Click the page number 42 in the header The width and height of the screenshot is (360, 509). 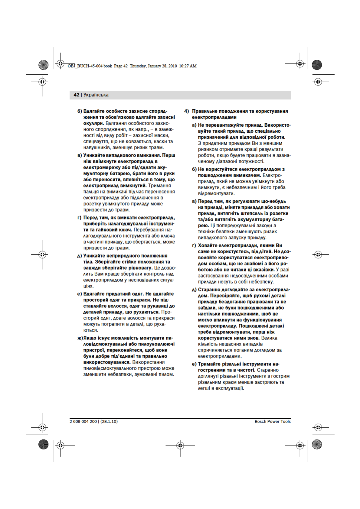pyautogui.click(x=76, y=95)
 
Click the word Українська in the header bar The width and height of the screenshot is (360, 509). pyautogui.click(x=96, y=95)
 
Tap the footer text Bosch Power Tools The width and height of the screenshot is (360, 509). pyautogui.click(x=272, y=421)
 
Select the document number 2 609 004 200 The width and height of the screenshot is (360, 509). pyautogui.click(x=83, y=421)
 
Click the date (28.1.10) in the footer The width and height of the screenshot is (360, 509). pyautogui.click(x=109, y=421)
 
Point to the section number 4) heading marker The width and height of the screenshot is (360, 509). pyautogui.click(x=187, y=111)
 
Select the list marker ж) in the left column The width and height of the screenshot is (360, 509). pyautogui.click(x=80, y=338)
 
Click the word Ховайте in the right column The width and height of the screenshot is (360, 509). pyautogui.click(x=208, y=245)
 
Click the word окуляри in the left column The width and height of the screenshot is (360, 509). pyautogui.click(x=93, y=123)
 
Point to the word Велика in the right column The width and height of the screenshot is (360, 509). pyautogui.click(x=269, y=338)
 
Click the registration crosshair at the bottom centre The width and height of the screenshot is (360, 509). pyautogui.click(x=180, y=445)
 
